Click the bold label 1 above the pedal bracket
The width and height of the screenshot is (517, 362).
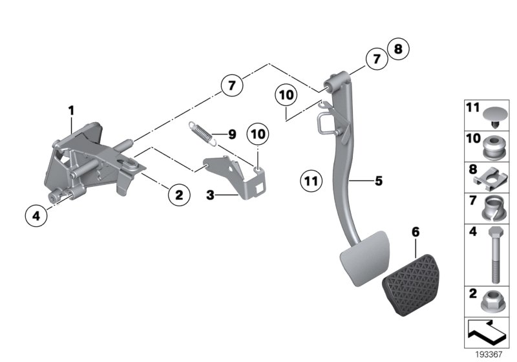(x=72, y=111)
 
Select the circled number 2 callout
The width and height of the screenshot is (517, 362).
(x=179, y=193)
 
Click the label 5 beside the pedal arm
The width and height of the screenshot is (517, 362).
(x=379, y=182)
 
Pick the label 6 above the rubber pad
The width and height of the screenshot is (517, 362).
(x=414, y=231)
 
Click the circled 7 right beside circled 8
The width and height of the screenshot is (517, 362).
(x=376, y=59)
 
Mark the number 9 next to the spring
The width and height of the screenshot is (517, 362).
(x=232, y=135)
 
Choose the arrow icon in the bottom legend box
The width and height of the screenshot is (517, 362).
(x=486, y=332)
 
